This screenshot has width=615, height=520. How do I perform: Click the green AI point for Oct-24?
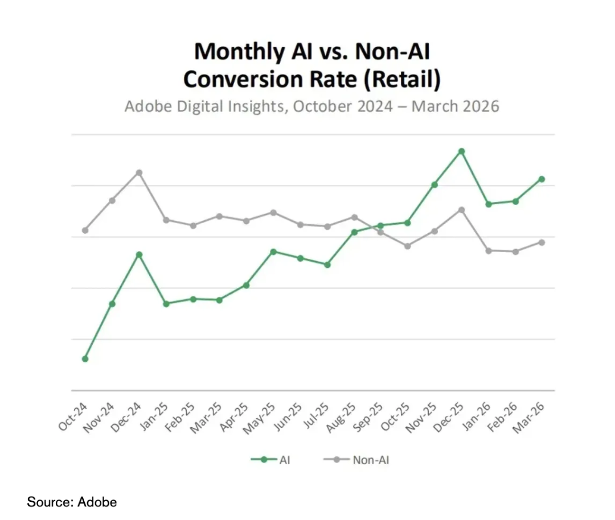coord(85,358)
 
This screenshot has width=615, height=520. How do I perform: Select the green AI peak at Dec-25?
coord(461,151)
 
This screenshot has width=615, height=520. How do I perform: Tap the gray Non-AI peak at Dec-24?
coord(139,172)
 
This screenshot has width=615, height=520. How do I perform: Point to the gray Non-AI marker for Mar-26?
coord(542,242)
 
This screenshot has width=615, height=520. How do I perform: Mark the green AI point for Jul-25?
coord(327,265)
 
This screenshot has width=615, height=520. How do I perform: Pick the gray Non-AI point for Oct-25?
coord(407,246)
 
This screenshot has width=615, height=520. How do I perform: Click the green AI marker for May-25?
coord(273,251)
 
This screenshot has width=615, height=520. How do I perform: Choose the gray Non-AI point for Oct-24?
coord(85,230)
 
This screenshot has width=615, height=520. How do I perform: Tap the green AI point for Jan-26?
coord(488,204)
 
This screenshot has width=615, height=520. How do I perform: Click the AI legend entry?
coord(271,460)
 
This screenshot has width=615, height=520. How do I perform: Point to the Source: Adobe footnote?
coord(72,502)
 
